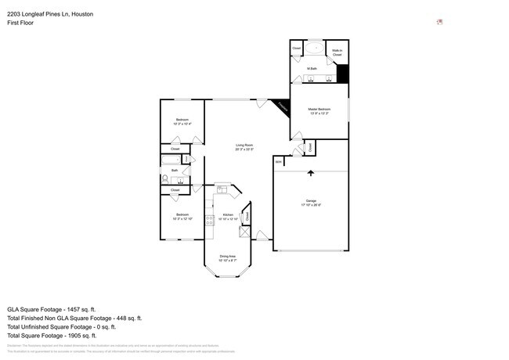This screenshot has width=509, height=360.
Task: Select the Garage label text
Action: coord(311,201)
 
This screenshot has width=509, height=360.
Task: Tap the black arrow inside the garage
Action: coord(311,173)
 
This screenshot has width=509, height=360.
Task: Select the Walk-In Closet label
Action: coord(337,52)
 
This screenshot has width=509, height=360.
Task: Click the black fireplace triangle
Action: coord(280,108)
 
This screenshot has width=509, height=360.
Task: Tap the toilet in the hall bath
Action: coord(166,178)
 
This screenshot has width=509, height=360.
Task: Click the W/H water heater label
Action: coord(278,162)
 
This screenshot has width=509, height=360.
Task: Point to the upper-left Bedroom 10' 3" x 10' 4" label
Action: coord(182,121)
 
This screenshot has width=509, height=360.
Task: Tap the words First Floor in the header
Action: coord(21,22)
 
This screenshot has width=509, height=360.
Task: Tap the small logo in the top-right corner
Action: coord(440,22)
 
